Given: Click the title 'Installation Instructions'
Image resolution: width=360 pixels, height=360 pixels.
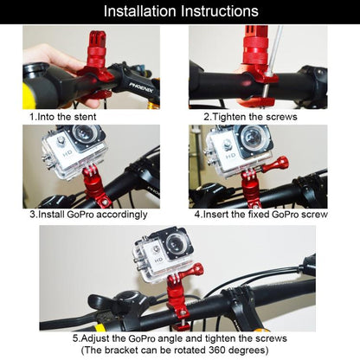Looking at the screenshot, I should click(x=180, y=11).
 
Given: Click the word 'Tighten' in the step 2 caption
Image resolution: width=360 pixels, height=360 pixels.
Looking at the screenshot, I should click(x=233, y=115).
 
